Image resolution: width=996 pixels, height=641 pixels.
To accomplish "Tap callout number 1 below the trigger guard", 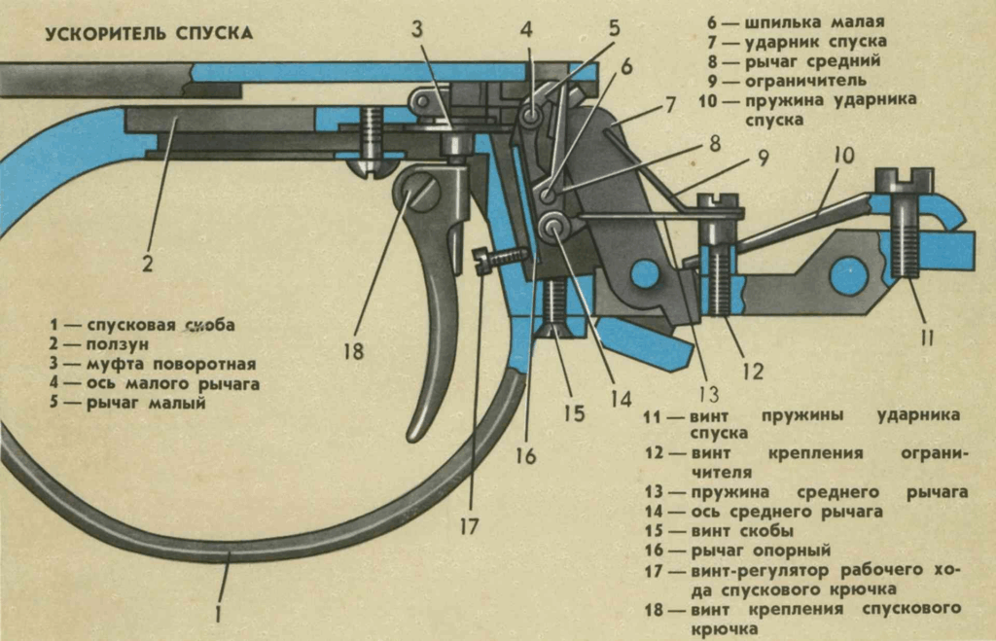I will pyautogui.click(x=219, y=614).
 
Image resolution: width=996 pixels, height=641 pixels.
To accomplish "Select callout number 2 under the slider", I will pyautogui.click(x=148, y=263).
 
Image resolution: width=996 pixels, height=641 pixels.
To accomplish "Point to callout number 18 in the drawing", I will pyautogui.click(x=353, y=350).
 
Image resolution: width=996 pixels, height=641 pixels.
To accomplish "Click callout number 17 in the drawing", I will pyautogui.click(x=469, y=526).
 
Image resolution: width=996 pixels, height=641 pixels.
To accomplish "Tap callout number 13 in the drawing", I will pyautogui.click(x=708, y=394).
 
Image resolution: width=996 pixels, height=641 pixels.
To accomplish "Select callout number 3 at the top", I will pyautogui.click(x=416, y=29).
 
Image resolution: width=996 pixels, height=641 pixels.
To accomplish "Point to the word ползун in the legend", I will pyautogui.click(x=124, y=344).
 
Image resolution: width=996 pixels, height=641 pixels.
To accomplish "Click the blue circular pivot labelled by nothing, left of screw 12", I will pyautogui.click(x=644, y=275).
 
